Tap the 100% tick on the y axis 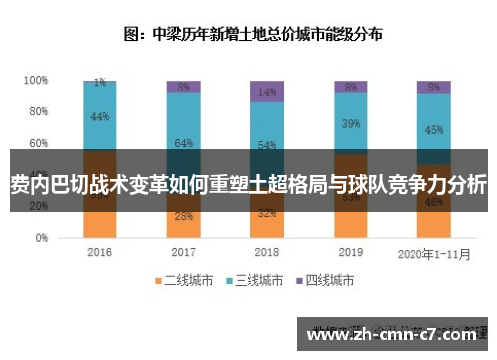(36, 80)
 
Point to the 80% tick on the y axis (38, 111)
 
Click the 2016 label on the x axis (99, 253)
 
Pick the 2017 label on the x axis (183, 253)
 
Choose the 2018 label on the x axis (266, 253)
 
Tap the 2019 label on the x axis (350, 253)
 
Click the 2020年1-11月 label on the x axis (433, 253)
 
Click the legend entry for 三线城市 (259, 282)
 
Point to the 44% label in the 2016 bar (99, 117)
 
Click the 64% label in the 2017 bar (183, 144)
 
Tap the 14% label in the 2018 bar (266, 92)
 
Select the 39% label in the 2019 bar (350, 124)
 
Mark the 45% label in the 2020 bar (433, 129)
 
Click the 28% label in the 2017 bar (183, 216)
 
